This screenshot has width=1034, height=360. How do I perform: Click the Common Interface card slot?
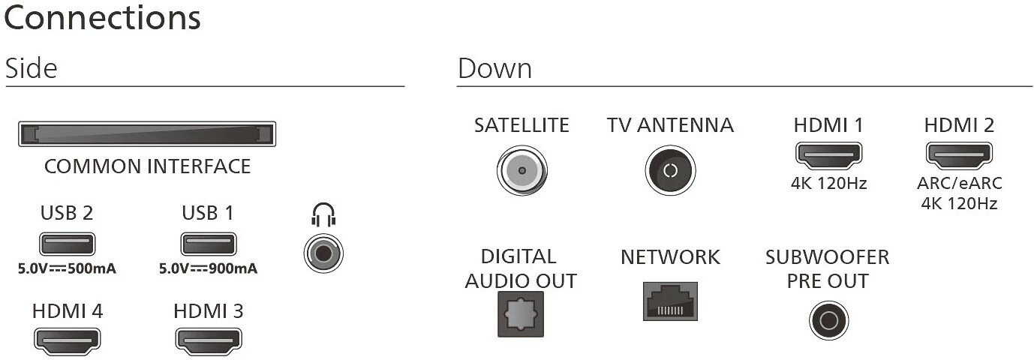point(147,134)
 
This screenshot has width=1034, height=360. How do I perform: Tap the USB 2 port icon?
point(68,244)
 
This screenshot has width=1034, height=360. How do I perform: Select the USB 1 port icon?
point(209,244)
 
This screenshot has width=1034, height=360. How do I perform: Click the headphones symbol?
point(323,214)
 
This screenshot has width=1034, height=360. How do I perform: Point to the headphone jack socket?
point(323,253)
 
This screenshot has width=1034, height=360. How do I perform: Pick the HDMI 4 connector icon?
point(68,340)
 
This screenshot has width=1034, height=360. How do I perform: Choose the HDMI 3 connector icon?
point(209,340)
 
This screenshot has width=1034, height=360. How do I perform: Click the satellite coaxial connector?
point(522,170)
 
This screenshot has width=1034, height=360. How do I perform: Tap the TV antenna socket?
point(670,170)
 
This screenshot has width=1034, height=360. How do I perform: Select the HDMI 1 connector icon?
point(828,155)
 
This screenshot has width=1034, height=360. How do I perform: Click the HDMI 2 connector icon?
point(959,155)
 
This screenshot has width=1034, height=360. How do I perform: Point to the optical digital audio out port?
point(521,314)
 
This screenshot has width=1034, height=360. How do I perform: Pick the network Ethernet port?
point(670,301)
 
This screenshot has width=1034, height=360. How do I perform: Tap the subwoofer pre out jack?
point(828,320)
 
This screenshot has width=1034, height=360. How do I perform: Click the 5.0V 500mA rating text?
point(67,268)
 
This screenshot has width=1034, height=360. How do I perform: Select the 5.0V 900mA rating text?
point(208,268)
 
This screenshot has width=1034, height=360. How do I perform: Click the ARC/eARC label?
point(960,183)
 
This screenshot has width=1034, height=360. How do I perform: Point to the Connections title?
point(103,18)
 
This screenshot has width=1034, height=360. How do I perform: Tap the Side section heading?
point(32,68)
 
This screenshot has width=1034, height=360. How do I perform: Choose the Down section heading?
point(494,68)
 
